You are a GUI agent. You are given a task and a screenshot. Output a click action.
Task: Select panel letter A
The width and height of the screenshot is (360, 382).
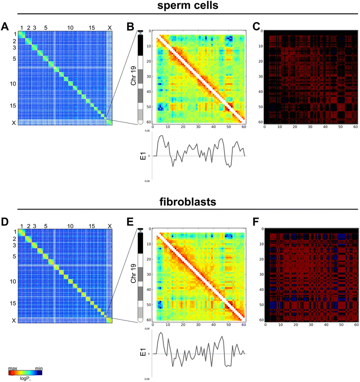pyautogui.click(x=6, y=27)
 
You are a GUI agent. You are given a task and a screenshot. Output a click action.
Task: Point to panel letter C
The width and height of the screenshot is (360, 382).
pyautogui.click(x=256, y=27)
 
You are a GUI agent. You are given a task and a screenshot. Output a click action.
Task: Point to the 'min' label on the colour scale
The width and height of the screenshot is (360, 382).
pyautogui.click(x=39, y=369)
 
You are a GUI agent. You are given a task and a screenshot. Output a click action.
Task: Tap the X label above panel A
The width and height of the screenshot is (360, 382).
pyautogui.click(x=110, y=28)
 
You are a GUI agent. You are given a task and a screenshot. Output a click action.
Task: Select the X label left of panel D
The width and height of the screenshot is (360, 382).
pyautogui.click(x=13, y=320)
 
